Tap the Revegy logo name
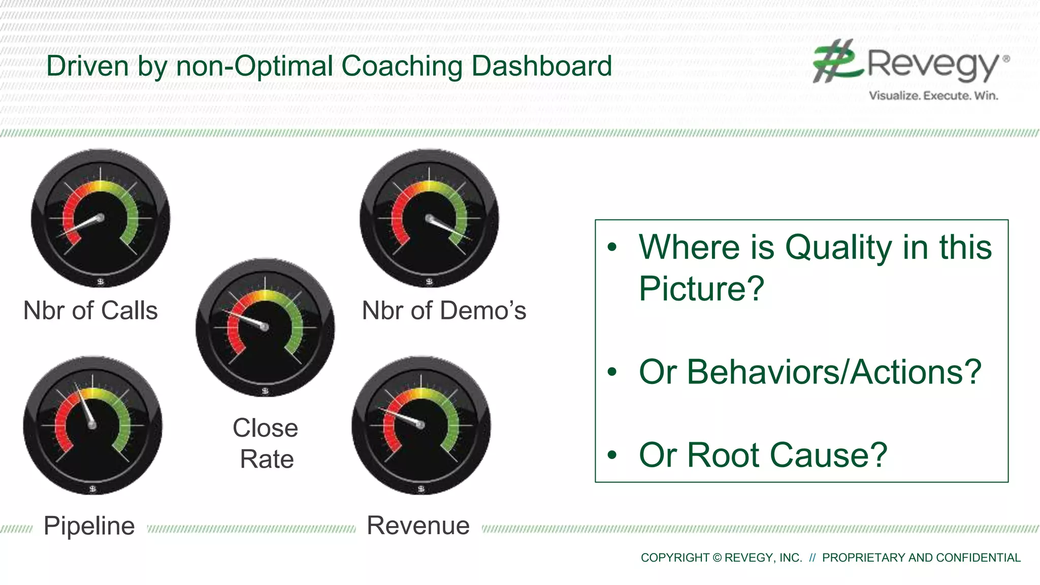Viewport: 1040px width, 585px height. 932,64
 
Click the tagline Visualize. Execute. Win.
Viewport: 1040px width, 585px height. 933,95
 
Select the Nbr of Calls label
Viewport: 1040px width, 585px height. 90,310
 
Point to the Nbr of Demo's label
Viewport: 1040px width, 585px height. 444,310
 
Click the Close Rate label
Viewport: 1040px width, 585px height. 266,443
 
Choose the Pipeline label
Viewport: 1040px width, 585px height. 89,526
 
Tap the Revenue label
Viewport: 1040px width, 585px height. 418,526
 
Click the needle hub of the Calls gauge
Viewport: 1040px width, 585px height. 101,218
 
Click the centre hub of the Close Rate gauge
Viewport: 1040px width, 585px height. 265,328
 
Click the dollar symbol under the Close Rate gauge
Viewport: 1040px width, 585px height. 265,391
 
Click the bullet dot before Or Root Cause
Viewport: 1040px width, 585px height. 612,455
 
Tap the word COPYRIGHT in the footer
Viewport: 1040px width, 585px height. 675,558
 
